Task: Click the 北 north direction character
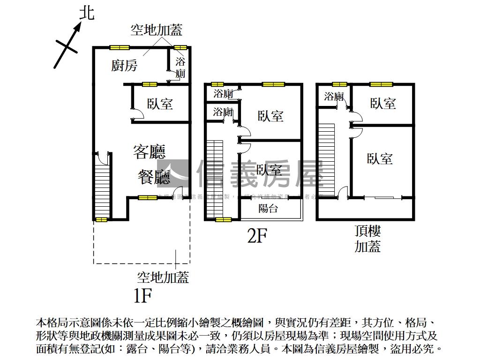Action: pos(86,13)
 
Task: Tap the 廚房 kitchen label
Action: pos(124,65)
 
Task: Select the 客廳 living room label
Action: pos(149,152)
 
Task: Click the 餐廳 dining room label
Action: pos(153,177)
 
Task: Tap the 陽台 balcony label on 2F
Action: pos(268,209)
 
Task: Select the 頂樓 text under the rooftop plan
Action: pos(367,231)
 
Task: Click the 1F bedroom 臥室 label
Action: pos(160,104)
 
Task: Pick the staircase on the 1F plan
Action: pos(101,186)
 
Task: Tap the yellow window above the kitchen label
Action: pos(120,47)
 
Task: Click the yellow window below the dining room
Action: pos(148,198)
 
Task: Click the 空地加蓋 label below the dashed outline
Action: pos(163,277)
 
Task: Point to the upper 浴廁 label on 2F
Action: pos(223,93)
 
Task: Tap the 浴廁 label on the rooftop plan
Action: pos(334,97)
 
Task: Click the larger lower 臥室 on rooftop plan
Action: pos(380,158)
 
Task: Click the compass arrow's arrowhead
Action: pos(78,26)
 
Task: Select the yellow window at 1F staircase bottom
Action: pos(101,219)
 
